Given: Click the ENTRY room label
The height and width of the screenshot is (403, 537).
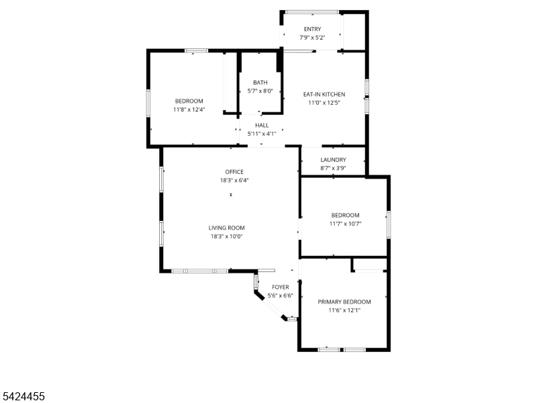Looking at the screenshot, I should coord(312,29).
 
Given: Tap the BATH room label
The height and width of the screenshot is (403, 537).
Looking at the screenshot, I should coord(260,83).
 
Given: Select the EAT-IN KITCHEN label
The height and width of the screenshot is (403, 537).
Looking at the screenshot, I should coord(324,94).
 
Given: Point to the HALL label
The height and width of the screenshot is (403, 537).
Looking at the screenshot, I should coord(262,125).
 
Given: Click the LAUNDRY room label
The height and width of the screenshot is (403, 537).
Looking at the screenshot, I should coord(333,159).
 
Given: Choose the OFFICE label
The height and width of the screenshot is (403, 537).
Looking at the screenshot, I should coord(234,172).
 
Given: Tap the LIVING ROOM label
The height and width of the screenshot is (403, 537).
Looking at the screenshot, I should coord(226,228).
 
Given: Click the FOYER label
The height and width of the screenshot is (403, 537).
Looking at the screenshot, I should coord(280,287).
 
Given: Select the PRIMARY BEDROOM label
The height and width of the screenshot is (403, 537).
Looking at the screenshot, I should coord(344,302).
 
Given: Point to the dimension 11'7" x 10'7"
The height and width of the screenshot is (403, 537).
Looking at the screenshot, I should coord(345,224).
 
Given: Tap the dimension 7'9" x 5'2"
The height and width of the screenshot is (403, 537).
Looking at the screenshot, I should coord(312,38).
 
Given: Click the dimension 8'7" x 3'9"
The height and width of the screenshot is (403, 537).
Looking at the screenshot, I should coord(333,168).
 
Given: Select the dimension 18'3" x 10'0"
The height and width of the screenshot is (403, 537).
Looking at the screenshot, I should coord(226,236).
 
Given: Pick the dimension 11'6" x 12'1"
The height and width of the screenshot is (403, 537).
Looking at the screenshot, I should coord(344,310).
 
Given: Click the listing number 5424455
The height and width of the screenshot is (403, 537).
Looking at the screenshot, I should coord(23,397).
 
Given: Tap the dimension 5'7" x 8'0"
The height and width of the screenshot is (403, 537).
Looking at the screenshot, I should coord(260,91).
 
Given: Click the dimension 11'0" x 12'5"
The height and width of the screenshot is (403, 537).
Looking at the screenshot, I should coord(324,103).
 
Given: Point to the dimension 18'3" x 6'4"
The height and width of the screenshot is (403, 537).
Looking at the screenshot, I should coord(234,181).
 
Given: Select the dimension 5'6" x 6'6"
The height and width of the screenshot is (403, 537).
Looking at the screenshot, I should coord(280,296).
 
